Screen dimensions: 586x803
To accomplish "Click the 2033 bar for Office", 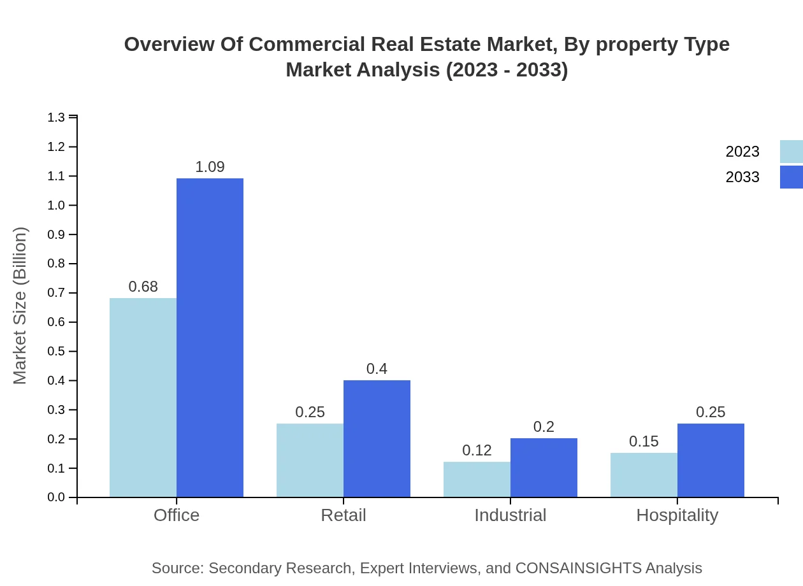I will [210, 338].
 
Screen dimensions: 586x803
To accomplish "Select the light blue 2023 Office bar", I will [143, 397].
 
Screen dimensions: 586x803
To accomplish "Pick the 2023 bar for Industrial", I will [477, 479].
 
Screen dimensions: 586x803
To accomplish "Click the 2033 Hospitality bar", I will [711, 460].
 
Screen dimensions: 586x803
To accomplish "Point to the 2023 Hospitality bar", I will [644, 475].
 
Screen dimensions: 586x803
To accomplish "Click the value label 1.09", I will [210, 167].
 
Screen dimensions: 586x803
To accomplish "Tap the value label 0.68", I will [143, 287].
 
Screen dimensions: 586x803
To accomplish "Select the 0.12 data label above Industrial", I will [477, 450].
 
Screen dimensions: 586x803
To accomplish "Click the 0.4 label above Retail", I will [377, 369].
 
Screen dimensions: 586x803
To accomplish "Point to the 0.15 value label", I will [644, 441].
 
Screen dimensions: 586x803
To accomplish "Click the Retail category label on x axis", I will [344, 515].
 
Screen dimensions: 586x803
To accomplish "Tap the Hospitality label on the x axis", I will [677, 515].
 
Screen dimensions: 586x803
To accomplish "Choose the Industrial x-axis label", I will [510, 515].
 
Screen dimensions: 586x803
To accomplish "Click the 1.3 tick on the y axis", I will [56, 117].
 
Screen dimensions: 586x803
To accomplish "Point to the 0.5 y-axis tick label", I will [56, 352].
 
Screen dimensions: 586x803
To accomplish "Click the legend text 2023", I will [742, 152].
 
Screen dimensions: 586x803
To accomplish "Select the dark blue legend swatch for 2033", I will [791, 177].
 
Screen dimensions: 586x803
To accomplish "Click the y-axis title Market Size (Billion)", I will [20, 306].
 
